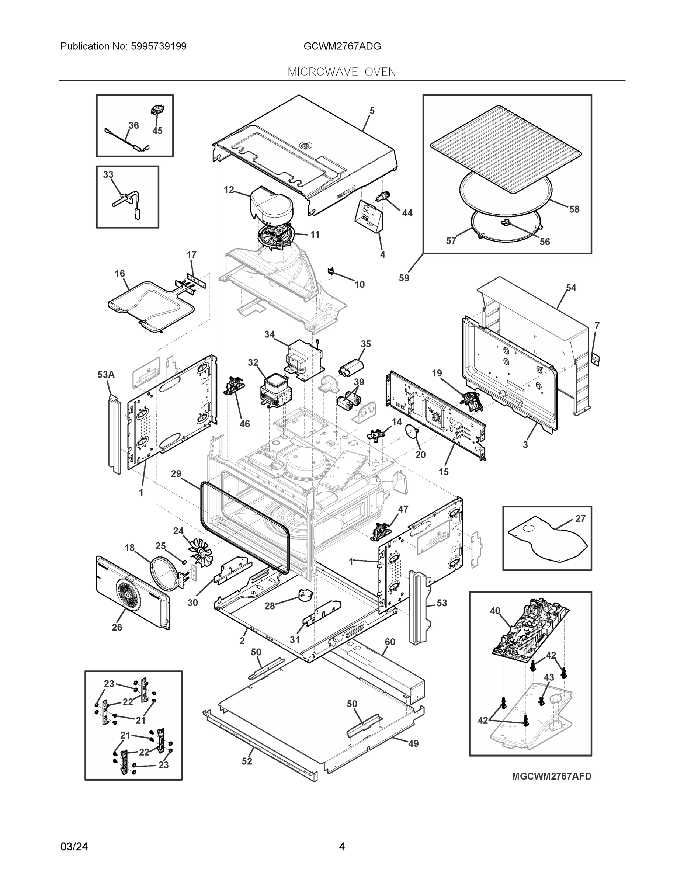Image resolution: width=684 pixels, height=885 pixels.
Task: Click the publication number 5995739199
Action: tap(159, 46)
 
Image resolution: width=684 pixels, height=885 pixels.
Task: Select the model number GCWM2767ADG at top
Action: tap(342, 46)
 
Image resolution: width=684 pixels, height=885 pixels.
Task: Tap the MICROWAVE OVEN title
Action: tap(341, 72)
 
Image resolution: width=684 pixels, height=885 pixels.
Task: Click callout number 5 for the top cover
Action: tap(372, 111)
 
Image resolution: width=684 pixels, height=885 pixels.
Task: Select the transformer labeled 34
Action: tap(303, 359)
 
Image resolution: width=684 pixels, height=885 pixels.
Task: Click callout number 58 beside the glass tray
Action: tap(574, 209)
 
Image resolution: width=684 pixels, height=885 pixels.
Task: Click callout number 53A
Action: tap(106, 374)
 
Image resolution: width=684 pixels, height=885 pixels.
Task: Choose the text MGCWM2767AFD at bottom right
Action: tap(551, 776)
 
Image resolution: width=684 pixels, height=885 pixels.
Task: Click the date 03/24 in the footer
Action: tap(74, 847)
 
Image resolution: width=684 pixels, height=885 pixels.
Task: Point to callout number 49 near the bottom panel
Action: tap(413, 743)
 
